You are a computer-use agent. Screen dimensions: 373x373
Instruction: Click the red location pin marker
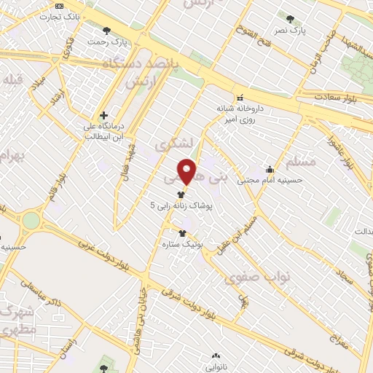tap(187, 171)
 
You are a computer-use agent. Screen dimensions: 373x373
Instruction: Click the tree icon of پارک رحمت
tap(107, 31)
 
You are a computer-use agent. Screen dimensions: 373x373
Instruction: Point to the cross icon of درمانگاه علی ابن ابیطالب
tap(103, 115)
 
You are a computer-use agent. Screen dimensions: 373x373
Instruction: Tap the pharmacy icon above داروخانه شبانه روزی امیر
tap(238, 98)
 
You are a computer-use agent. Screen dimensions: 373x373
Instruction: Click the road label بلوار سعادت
tap(339, 97)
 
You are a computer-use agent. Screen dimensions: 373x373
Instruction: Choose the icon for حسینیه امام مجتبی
tap(270, 170)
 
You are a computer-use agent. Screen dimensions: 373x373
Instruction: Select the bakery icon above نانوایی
tap(215, 356)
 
